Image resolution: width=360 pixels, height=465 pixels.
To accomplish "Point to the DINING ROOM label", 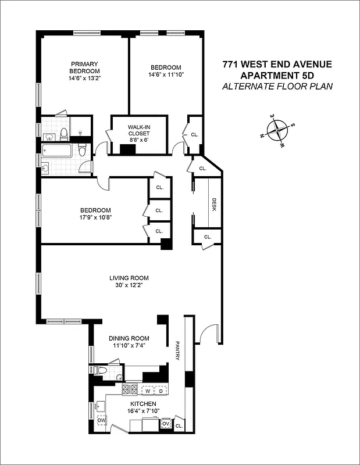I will tap(129, 338).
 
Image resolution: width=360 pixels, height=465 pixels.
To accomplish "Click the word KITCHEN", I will tap(142, 404).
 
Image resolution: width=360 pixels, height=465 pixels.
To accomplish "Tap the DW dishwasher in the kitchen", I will tap(101, 420).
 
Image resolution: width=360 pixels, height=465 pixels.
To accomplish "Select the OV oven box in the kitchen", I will tap(165, 424).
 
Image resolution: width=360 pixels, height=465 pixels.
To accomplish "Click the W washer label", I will tap(147, 391).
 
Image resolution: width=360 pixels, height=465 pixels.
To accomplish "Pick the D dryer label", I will tap(161, 391).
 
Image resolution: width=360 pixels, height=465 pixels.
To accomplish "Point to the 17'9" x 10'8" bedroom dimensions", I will tap(95, 217).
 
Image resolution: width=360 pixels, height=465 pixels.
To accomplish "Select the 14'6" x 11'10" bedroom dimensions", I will tap(165, 74).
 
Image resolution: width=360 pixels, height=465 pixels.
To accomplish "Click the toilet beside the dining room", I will tap(102, 370).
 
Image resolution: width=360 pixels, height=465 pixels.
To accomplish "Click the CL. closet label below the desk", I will tap(208, 237).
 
